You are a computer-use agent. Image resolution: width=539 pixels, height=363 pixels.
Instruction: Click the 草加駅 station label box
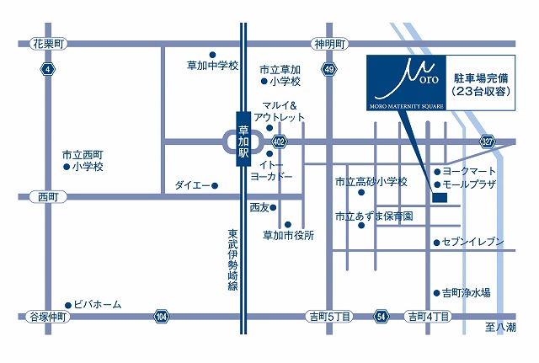coord(243,140)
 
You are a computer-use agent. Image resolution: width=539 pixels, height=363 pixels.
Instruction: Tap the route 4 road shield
coord(50,69)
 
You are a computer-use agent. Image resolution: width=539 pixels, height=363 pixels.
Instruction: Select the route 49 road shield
coord(328,69)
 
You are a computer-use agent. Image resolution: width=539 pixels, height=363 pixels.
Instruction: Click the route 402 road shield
coord(279,141)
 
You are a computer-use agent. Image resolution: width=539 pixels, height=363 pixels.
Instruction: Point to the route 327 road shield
coord(488,141)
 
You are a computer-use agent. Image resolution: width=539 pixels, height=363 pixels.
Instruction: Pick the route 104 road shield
coord(161,317)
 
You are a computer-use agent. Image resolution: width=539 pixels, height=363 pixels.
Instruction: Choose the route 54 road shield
coord(382,317)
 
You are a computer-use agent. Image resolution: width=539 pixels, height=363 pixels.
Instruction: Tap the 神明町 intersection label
coord(328,42)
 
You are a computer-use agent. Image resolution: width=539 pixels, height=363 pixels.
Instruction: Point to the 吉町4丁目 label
coord(429,317)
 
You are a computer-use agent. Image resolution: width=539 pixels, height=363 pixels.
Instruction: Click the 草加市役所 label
coord(287,235)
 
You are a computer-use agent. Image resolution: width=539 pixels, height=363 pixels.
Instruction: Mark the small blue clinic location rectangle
coord(439,198)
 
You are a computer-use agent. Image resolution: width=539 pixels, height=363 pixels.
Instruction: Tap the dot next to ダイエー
coord(215,185)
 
